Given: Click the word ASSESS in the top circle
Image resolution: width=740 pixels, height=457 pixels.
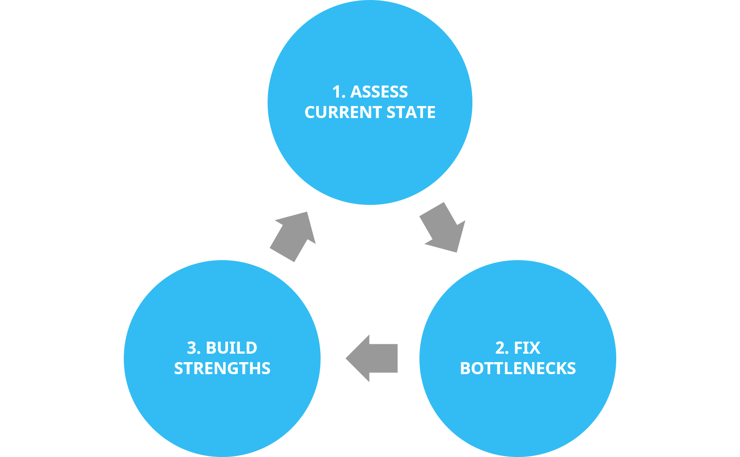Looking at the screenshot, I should [x=379, y=92].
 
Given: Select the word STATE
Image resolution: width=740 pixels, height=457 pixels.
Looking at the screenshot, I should [x=411, y=112].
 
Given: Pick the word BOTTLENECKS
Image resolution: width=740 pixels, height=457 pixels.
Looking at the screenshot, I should [x=518, y=368].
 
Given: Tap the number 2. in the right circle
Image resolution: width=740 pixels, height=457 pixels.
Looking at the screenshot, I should [x=502, y=348].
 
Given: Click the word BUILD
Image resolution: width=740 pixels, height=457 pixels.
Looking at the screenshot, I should [x=231, y=348].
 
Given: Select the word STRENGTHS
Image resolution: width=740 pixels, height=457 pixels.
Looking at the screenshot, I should [x=222, y=368].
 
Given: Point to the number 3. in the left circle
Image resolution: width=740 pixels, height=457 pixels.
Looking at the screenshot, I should [x=194, y=348].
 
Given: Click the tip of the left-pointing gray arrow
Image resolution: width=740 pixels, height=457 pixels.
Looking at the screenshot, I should [x=347, y=358].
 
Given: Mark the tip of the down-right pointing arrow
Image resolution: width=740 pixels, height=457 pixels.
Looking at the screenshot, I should [x=458, y=251].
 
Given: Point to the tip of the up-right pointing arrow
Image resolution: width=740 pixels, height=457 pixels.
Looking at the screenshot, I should [x=307, y=212].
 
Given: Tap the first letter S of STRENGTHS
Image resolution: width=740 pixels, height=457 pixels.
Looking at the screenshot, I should [x=179, y=368].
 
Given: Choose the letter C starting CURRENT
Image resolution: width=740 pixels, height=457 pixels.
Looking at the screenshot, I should [x=310, y=112].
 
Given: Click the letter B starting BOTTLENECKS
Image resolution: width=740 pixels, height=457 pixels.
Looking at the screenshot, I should [x=465, y=368].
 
